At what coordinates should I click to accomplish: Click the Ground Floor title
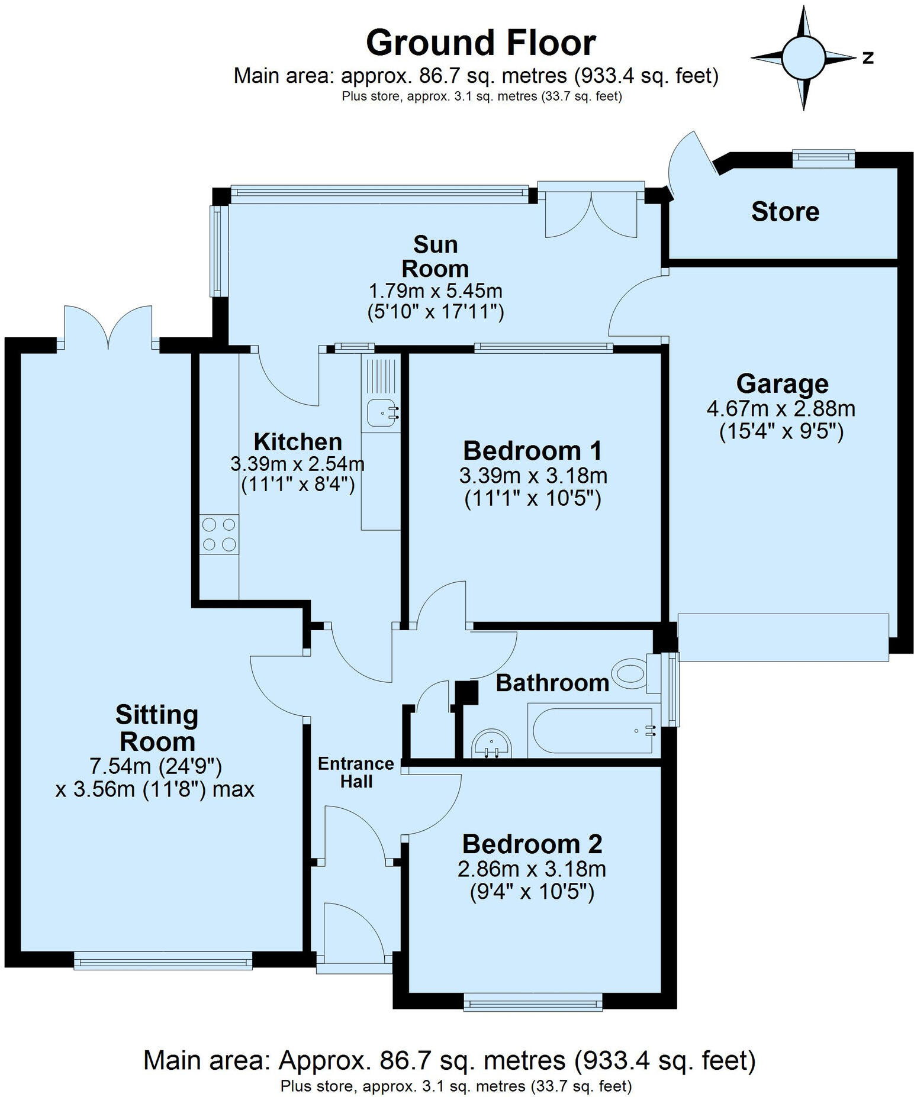(480, 43)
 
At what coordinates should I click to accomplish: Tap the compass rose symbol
(803, 57)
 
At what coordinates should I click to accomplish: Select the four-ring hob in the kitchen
(219, 534)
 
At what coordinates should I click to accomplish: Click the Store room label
(785, 211)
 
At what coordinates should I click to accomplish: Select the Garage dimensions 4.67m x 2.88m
(781, 408)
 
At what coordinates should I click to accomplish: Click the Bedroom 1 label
(532, 450)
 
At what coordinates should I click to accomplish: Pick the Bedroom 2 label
(532, 844)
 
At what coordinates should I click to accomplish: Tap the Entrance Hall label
(356, 772)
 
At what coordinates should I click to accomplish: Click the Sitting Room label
(157, 728)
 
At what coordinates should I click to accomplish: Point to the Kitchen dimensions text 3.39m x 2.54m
(297, 463)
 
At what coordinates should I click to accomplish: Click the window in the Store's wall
(823, 156)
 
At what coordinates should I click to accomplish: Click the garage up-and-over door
(783, 637)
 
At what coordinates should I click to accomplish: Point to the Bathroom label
(552, 683)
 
